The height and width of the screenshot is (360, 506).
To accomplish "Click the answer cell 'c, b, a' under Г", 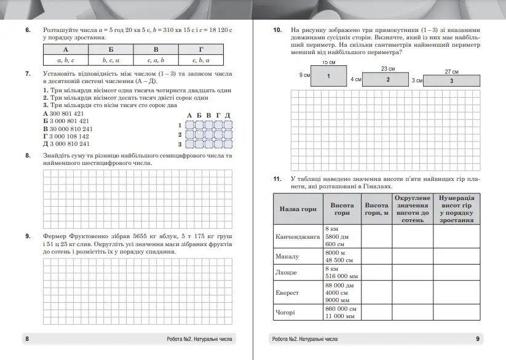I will point(200,60).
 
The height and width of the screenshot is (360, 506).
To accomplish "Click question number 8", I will point(28,156).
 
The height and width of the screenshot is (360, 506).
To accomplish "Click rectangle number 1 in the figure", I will point(329,75).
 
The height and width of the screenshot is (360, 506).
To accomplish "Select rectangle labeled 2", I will point(388,79).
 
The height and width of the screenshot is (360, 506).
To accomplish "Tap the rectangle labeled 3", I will point(451,81).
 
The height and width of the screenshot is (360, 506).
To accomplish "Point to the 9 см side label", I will point(304,75).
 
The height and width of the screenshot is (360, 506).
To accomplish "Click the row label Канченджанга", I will point(298,236).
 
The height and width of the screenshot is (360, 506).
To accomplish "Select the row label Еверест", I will point(288,293).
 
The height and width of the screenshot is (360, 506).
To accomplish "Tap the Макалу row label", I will point(287,256).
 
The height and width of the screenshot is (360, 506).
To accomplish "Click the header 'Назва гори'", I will point(298,209).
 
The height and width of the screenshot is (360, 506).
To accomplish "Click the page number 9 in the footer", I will point(478,339).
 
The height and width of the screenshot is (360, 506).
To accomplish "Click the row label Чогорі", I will point(286,312).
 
